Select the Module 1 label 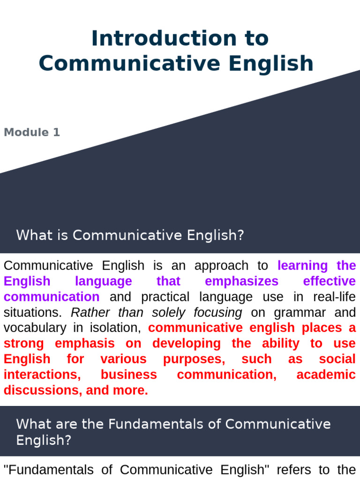[x=32, y=132]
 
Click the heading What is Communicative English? [x=130, y=235]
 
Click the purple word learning [x=303, y=266]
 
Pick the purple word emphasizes [x=241, y=281]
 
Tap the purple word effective [x=330, y=281]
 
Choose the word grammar [x=299, y=313]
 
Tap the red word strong [x=23, y=344]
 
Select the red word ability [x=280, y=344]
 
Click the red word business [x=129, y=375]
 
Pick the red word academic [x=326, y=375]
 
